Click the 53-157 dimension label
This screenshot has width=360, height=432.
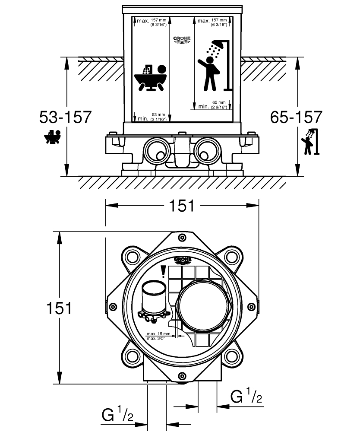(x=65, y=118)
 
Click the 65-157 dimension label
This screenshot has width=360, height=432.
(x=296, y=118)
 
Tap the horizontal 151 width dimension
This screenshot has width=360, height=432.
(x=182, y=206)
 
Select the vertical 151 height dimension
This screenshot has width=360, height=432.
(x=59, y=308)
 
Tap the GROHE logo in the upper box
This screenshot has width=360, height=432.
(x=182, y=40)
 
